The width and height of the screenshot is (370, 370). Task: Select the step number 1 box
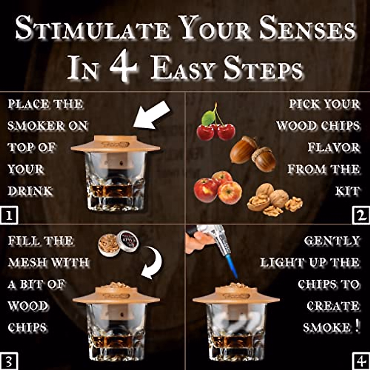pyautogui.click(x=9, y=216)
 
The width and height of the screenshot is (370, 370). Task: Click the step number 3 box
pyautogui.click(x=9, y=361)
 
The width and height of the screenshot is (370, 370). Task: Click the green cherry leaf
pyautogui.click(x=208, y=118)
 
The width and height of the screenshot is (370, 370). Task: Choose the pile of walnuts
pyautogui.click(x=274, y=200)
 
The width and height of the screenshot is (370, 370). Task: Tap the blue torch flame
pyautogui.click(x=232, y=266)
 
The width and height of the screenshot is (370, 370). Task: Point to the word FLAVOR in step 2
pyautogui.click(x=334, y=147)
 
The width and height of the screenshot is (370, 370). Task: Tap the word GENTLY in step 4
pyautogui.click(x=332, y=241)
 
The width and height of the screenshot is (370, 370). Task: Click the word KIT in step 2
pyautogui.click(x=347, y=191)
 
